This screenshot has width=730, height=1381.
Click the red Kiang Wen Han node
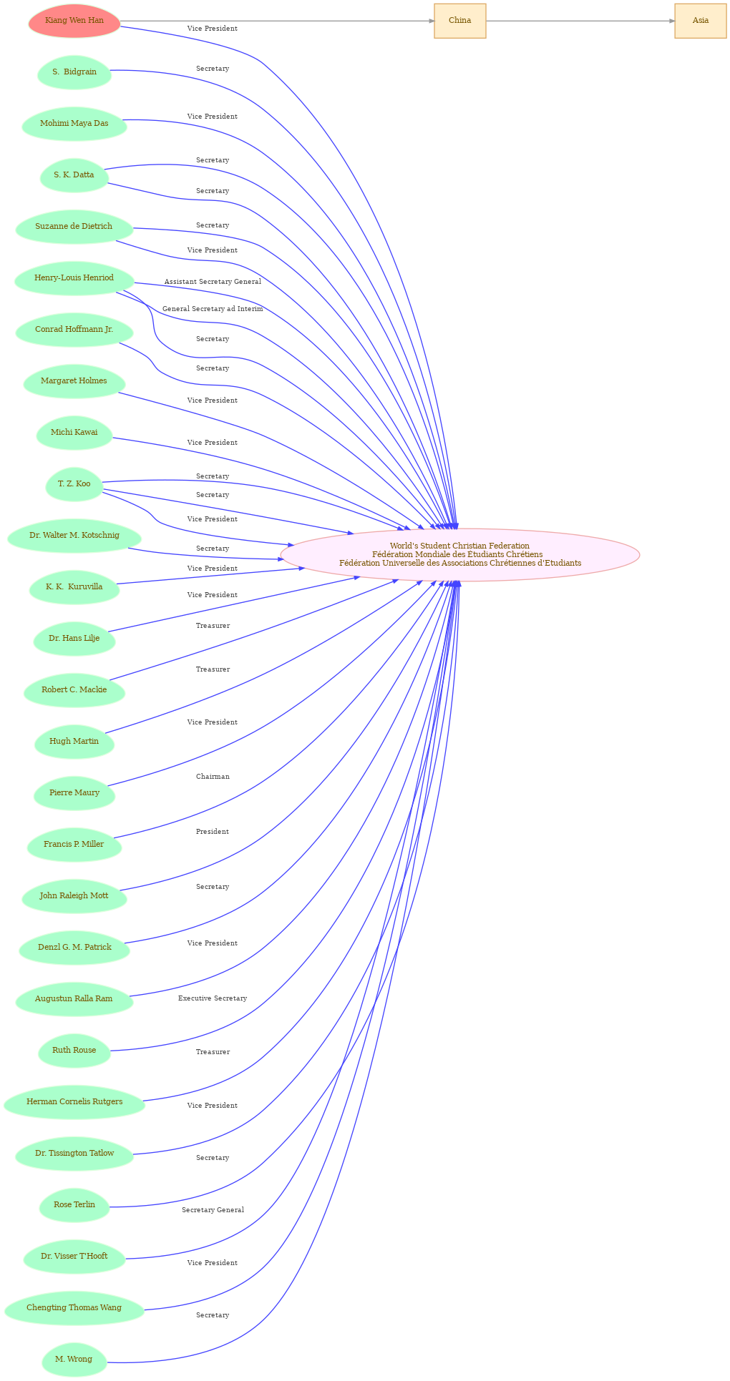click(74, 21)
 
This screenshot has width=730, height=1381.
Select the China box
click(460, 21)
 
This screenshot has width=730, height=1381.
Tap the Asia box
click(701, 21)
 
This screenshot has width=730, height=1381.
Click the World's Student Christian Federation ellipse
click(460, 555)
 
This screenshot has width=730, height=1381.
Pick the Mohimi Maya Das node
click(74, 124)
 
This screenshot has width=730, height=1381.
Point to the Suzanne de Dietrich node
click(74, 227)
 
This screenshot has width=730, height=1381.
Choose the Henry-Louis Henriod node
click(74, 278)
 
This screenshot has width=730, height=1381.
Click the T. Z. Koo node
click(74, 484)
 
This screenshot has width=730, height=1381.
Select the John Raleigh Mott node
click(74, 896)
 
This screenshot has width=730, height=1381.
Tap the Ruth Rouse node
click(74, 1051)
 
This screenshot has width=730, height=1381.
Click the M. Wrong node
click(74, 1360)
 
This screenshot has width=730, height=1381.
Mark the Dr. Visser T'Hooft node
click(74, 1257)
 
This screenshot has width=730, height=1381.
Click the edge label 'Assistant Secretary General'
click(213, 282)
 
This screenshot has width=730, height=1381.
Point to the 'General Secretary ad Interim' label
click(213, 309)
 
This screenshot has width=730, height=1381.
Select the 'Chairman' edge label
click(213, 777)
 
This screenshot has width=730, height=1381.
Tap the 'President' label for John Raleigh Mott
click(213, 832)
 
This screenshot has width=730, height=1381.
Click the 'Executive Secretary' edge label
click(213, 998)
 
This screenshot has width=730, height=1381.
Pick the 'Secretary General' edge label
click(213, 1210)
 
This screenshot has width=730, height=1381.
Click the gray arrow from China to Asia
click(580, 21)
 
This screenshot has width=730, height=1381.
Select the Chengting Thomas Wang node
click(74, 1308)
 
